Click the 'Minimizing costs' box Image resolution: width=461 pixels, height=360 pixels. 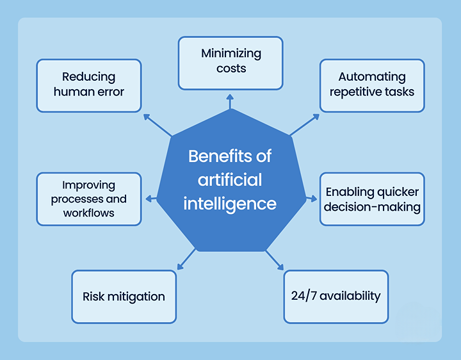tap(230, 62)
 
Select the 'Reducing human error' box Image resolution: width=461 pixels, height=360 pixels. tap(89, 85)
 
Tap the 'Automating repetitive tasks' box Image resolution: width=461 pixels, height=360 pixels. tap(372, 85)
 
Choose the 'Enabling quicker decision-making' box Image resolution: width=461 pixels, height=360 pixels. tap(372, 199)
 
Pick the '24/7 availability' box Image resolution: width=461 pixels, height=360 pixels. tap(336, 296)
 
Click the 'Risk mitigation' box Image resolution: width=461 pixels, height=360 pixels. tap(124, 296)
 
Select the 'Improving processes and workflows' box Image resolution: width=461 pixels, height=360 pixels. tap(89, 199)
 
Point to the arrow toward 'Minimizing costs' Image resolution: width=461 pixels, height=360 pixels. tap(230, 101)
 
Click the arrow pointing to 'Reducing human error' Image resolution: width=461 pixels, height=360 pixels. tap(157, 126)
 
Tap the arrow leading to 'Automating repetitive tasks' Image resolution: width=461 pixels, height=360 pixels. tap(304, 126)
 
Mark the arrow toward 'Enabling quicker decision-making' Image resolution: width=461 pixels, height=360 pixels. tap(313, 199)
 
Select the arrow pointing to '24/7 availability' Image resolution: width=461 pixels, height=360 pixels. tap(274, 258)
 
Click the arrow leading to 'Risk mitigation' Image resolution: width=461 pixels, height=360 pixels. tap(186, 258)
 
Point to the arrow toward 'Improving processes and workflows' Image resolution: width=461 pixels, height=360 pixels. tap(151, 199)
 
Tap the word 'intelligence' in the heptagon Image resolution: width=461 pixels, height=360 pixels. tap(230, 203)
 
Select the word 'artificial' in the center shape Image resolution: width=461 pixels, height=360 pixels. tap(230, 179)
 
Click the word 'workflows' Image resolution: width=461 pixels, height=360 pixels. tap(89, 213)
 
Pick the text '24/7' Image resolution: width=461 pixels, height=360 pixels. tap(303, 296)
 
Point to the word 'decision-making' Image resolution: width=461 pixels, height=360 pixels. tap(372, 206)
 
